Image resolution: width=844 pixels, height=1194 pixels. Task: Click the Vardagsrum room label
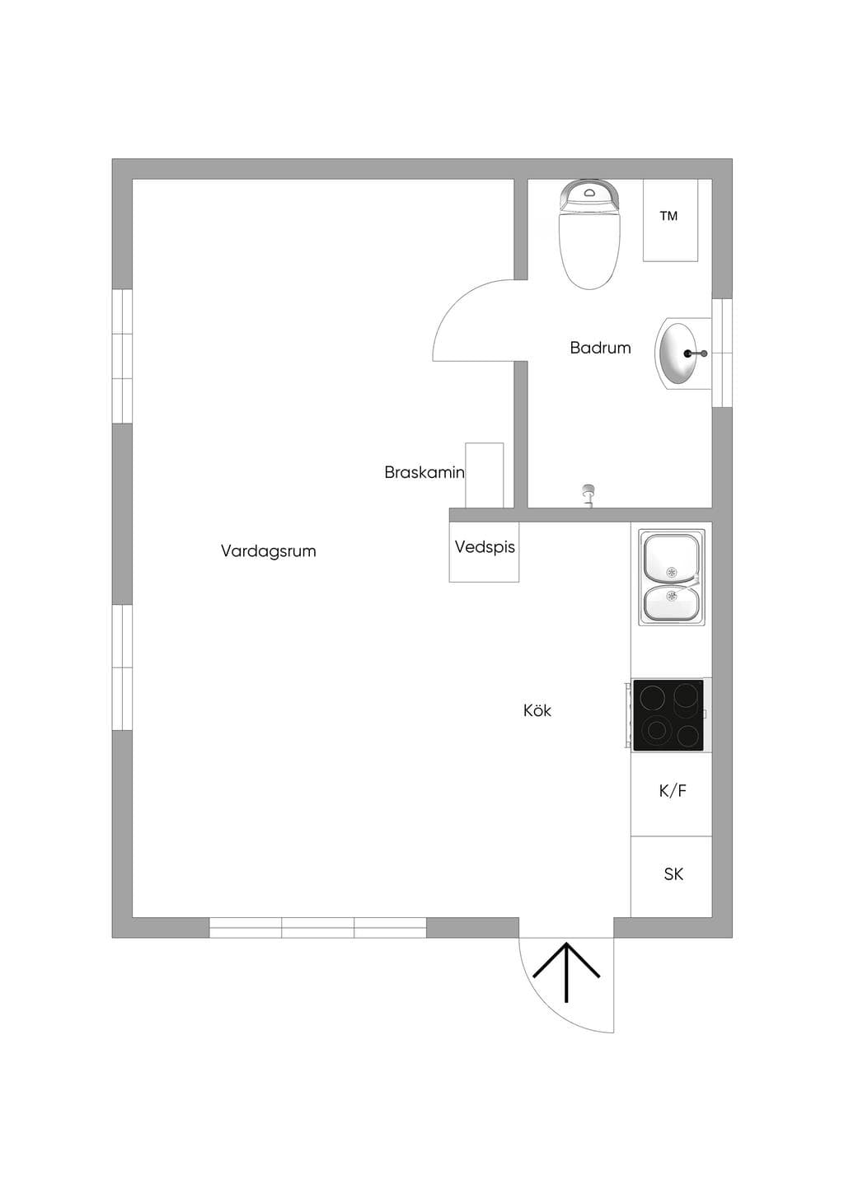(x=268, y=550)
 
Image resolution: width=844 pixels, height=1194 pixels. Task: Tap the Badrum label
(x=600, y=348)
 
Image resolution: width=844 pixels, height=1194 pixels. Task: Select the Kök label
(x=537, y=710)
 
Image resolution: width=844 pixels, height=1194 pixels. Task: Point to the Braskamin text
(x=424, y=472)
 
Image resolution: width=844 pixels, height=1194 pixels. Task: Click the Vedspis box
(x=484, y=552)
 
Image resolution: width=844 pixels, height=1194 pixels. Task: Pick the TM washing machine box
(x=670, y=220)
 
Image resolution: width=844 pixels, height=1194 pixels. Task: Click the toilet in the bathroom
(x=589, y=235)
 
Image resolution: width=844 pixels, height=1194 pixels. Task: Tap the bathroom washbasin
(x=682, y=354)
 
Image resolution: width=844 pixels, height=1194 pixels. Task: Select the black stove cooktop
(x=668, y=714)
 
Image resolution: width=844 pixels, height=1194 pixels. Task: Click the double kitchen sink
(x=672, y=578)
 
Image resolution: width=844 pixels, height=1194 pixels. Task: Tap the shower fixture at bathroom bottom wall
(x=588, y=495)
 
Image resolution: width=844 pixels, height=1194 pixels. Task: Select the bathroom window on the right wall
(x=723, y=353)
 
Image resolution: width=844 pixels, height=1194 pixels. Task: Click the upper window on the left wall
(x=122, y=356)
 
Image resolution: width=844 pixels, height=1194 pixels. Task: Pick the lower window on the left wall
(x=122, y=667)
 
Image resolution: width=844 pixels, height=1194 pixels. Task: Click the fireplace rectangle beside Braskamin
(x=484, y=475)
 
